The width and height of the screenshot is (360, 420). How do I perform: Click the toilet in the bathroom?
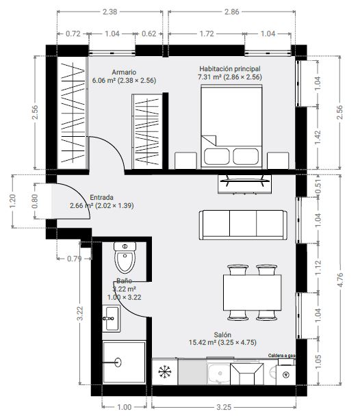click(x=125, y=257)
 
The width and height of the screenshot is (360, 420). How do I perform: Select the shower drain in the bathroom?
click(x=118, y=362)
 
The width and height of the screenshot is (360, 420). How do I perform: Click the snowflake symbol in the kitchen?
click(x=164, y=371)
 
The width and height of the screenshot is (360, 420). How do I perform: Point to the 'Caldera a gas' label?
click(x=281, y=356)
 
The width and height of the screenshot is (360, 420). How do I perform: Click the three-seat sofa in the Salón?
click(x=243, y=225)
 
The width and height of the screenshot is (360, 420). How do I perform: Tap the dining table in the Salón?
click(x=253, y=292)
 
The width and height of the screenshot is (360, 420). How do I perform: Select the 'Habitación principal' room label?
click(x=230, y=68)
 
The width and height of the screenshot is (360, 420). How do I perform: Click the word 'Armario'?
click(x=124, y=72)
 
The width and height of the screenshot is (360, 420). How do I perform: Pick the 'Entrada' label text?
click(x=101, y=198)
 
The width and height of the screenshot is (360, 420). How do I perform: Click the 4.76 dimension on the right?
click(x=340, y=280)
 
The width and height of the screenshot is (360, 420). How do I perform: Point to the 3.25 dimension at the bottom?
click(x=224, y=407)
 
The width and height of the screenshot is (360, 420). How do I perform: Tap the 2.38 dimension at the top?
click(x=110, y=12)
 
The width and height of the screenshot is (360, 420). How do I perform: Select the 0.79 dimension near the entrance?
click(x=74, y=259)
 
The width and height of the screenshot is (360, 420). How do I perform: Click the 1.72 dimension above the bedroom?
click(x=207, y=34)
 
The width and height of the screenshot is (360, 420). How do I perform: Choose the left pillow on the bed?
click(x=216, y=157)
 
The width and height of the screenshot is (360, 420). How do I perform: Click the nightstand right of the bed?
click(x=278, y=161)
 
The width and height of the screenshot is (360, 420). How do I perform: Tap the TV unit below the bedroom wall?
click(x=244, y=184)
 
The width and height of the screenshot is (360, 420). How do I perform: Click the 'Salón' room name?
click(x=222, y=334)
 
